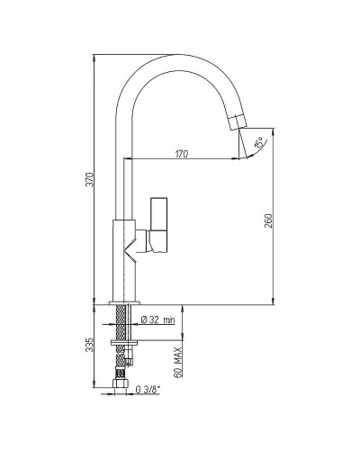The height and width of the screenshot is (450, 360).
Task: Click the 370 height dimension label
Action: pos(90,179)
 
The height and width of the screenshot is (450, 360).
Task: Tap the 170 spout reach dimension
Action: pos(182,154)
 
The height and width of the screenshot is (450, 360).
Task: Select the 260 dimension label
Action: pos(268,220)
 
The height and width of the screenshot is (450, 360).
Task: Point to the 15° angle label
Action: pos(259,142)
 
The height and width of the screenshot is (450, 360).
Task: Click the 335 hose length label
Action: pos(90,345)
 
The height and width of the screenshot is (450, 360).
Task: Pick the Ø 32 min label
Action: pos(157,320)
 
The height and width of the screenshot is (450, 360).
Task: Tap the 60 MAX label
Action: pos(178,362)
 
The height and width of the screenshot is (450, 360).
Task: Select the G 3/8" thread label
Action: pos(148,390)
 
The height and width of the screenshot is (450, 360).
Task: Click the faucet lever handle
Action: pos(158,224)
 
